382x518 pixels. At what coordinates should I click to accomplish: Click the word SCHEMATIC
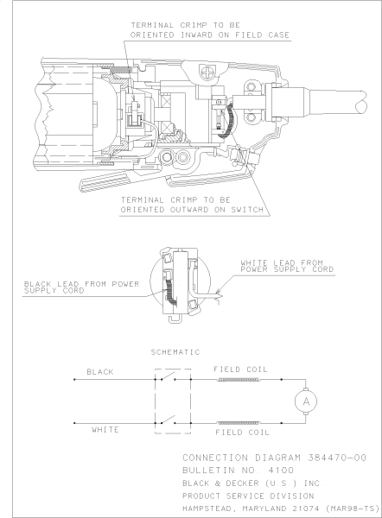176,354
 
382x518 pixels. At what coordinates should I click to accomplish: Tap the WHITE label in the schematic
105,429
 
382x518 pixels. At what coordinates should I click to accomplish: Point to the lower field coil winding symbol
239,421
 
